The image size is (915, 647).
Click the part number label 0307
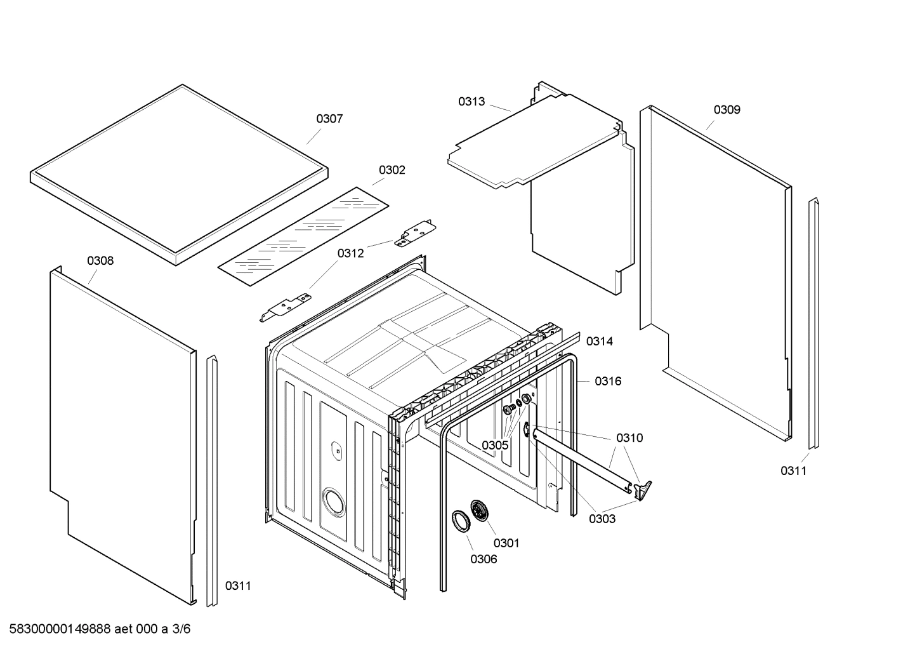coord(329,119)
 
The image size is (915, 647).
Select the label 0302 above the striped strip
coord(392,170)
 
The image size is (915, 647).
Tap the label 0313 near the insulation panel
coord(471,102)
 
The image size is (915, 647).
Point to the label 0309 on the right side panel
coord(727,110)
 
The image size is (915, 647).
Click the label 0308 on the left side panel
coord(100,261)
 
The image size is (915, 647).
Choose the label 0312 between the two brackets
coord(350,253)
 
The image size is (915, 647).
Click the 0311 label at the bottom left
coord(238,586)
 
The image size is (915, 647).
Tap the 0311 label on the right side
coord(793,470)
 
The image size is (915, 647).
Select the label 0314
coord(599,342)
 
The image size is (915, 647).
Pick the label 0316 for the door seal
coord(608,382)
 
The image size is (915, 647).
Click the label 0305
coord(494,445)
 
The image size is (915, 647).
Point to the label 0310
coord(629,438)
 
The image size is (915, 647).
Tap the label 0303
coord(602,519)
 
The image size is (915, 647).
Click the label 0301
coord(506,543)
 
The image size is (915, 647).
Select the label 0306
coord(484,559)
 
